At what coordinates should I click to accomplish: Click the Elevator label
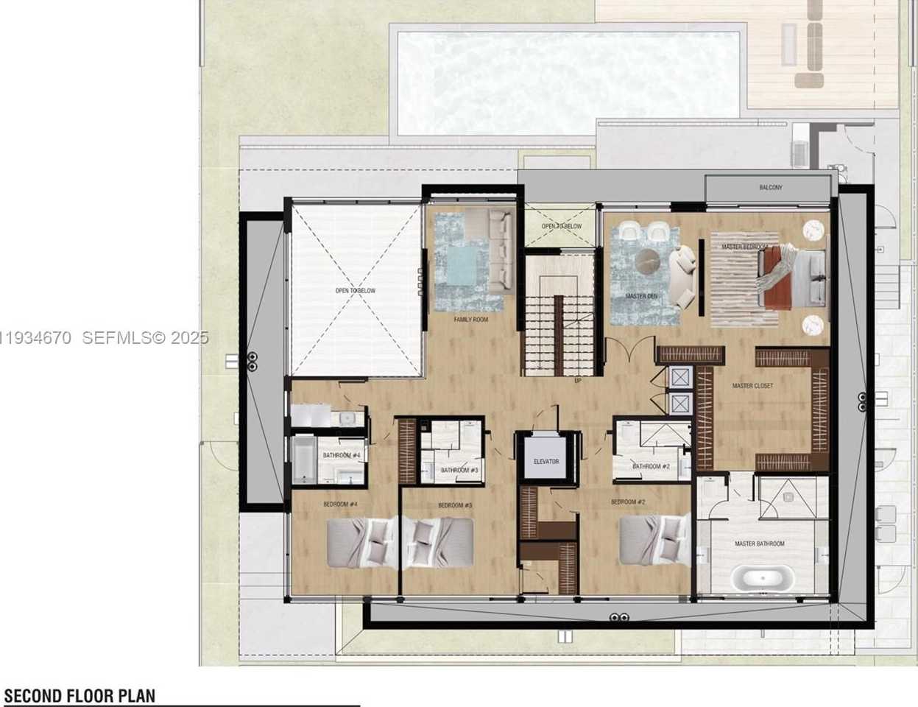(x=545, y=462)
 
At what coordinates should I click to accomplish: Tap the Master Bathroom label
(x=759, y=544)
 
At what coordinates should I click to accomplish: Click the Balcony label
(x=771, y=188)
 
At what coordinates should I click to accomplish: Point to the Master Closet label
(x=752, y=386)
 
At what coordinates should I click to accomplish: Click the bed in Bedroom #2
(x=653, y=541)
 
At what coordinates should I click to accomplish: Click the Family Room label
(x=470, y=320)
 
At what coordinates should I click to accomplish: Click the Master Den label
(x=640, y=296)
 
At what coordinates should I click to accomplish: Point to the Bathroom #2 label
(x=651, y=466)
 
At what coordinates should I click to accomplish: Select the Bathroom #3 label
(x=459, y=470)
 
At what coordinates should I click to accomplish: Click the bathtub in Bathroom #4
(x=304, y=461)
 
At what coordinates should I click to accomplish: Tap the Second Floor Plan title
(x=80, y=696)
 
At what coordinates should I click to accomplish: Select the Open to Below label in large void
(x=355, y=291)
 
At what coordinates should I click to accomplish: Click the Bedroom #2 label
(x=628, y=502)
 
